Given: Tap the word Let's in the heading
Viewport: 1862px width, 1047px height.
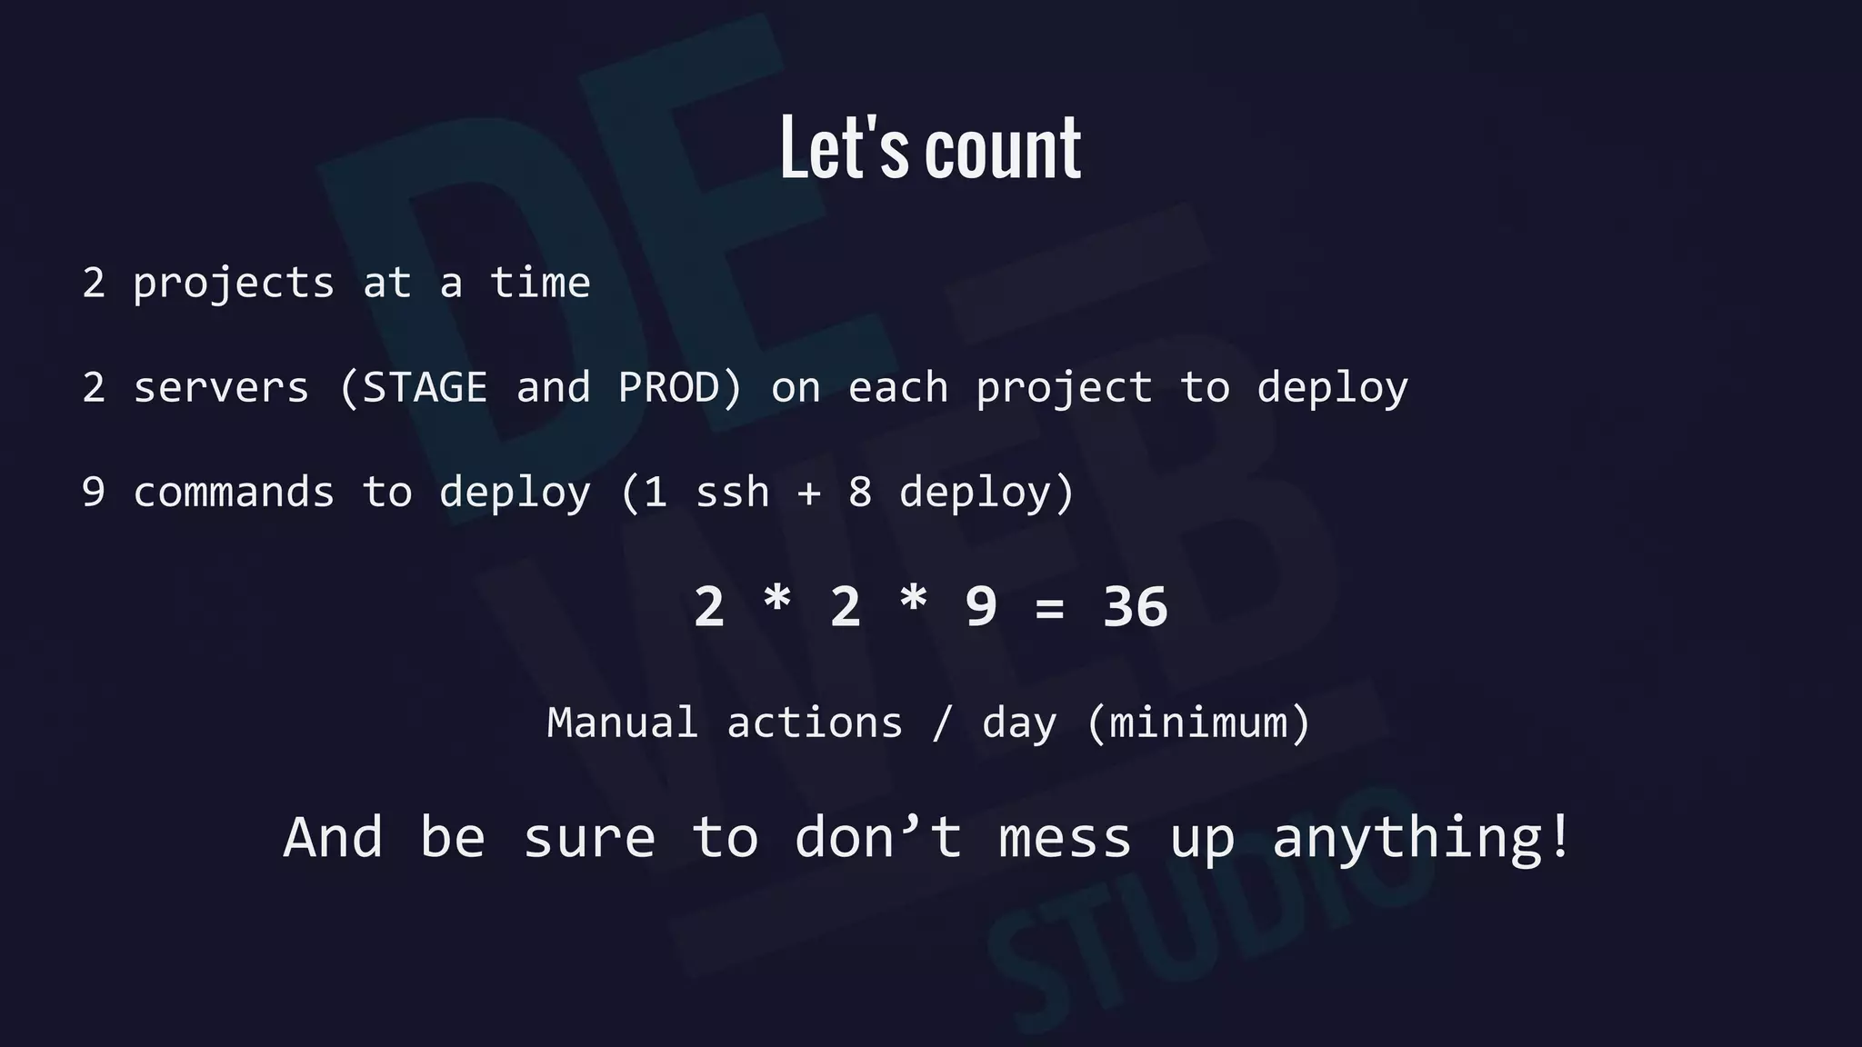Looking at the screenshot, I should click(844, 148).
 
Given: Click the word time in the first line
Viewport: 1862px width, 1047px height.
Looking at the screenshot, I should click(540, 283).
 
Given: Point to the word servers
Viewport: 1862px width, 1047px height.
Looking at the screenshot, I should click(221, 388).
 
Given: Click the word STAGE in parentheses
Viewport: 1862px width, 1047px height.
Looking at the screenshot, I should click(425, 388).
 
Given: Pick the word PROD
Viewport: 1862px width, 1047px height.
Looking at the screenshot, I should click(669, 388).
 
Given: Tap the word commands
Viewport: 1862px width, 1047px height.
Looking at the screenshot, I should click(234, 493).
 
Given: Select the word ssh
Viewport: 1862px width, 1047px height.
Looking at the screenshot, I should click(732, 493).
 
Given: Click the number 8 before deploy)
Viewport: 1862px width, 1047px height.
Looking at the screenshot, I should click(860, 493).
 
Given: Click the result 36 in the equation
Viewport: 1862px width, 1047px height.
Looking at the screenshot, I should click(1135, 607).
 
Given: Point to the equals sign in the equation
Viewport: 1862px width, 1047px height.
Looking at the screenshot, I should click(1049, 607).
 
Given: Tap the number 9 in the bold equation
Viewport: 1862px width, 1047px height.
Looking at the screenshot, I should click(981, 607).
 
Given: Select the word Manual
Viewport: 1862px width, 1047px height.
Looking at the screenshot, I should click(623, 723).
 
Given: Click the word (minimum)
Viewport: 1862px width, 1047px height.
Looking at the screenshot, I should click(1198, 723).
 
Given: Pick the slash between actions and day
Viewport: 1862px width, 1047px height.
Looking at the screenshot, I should click(943, 723).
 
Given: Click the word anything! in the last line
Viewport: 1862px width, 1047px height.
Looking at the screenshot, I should click(1421, 837).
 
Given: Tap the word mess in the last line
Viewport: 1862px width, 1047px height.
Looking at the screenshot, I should click(1065, 837).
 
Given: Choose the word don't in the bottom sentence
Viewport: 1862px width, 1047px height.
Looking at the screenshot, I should click(878, 837).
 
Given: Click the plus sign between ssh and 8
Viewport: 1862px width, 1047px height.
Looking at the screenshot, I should click(809, 493).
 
